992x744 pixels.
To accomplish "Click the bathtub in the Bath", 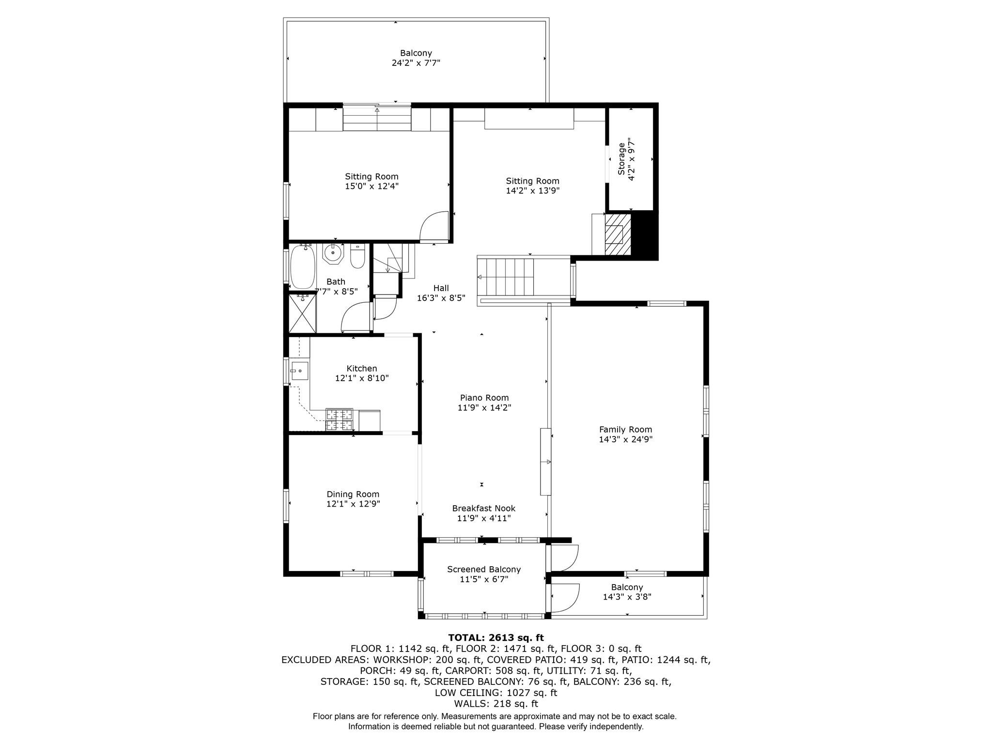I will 302,267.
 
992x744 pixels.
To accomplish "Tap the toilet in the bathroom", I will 357,257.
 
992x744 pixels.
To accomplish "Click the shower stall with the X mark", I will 302,313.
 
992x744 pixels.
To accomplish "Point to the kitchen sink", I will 300,371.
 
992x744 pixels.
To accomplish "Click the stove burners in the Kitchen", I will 339,419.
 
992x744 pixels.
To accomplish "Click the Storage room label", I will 621,159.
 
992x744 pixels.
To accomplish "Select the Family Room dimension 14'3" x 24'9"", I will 626,440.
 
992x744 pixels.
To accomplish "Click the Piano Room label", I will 484,398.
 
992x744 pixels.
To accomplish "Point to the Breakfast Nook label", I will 484,508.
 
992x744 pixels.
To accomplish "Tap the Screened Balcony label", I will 484,569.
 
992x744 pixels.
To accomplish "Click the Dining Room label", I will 353,494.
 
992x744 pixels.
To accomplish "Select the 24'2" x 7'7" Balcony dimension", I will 416,63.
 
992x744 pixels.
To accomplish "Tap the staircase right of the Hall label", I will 506,277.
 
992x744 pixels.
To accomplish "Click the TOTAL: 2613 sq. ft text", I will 496,637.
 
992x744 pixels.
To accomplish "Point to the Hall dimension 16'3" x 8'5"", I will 441,298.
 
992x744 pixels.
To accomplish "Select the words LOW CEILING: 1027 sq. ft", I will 496,693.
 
